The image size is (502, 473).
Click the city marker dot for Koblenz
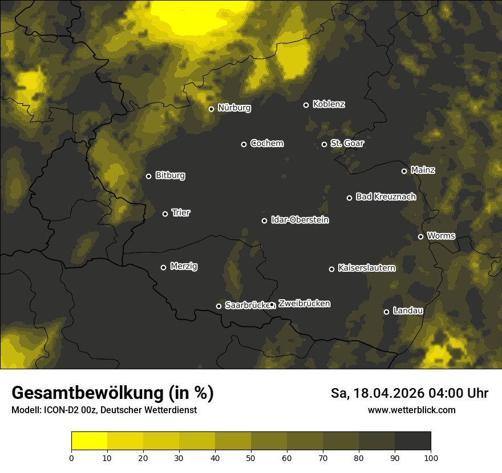click(306, 105)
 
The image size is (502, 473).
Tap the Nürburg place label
click(234, 108)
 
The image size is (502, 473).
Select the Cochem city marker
click(244, 144)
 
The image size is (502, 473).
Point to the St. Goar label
click(347, 144)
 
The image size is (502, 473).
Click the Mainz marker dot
click(404, 171)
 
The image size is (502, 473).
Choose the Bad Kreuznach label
click(386, 197)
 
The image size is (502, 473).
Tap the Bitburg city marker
click(148, 176)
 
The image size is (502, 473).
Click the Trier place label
click(181, 213)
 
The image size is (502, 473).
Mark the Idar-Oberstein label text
click(299, 220)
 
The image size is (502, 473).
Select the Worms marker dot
click(420, 237)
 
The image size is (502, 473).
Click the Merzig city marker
click(163, 267)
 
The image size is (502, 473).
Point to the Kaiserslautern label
click(366, 268)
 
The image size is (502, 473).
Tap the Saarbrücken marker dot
click(218, 306)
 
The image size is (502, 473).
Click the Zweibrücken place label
click(304, 304)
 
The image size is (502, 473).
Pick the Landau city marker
click(386, 312)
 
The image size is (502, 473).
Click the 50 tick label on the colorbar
click(251, 458)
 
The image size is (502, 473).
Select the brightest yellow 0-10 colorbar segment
click(89, 441)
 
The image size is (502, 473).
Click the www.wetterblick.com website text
click(411, 410)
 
